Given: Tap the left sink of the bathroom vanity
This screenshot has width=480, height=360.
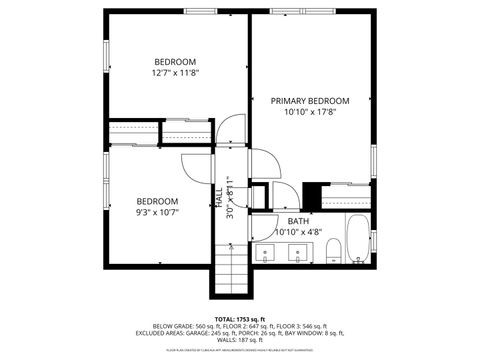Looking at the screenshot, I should [x=267, y=252].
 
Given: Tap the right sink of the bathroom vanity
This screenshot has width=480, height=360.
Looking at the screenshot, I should [x=297, y=252].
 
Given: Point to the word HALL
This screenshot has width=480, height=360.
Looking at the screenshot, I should [x=218, y=197].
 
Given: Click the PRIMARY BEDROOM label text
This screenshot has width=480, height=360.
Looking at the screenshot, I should [x=310, y=101].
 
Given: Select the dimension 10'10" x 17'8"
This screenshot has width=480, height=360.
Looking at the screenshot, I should [x=310, y=113].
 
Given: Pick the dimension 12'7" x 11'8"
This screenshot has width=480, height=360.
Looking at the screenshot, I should [x=175, y=73].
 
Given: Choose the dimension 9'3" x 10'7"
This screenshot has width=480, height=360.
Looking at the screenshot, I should [x=157, y=211].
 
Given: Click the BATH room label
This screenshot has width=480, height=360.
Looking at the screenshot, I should [x=298, y=221].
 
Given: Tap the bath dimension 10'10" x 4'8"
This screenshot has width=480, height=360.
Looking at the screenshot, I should [x=298, y=232].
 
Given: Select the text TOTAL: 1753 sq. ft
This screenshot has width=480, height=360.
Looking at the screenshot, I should [x=239, y=318].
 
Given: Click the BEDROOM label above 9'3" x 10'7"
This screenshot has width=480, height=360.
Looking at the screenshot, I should [x=157, y=200].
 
